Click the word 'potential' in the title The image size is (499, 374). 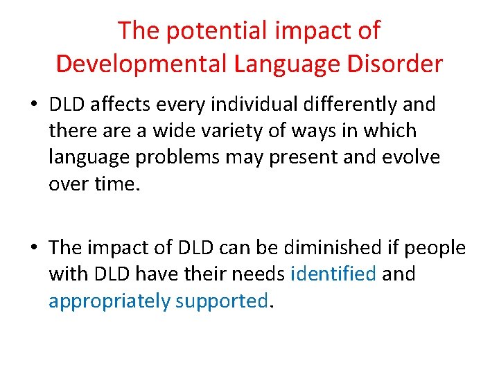[197, 31]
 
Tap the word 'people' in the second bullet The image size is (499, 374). [435, 248]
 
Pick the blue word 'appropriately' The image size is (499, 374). [109, 301]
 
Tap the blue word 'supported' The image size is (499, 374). [221, 301]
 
